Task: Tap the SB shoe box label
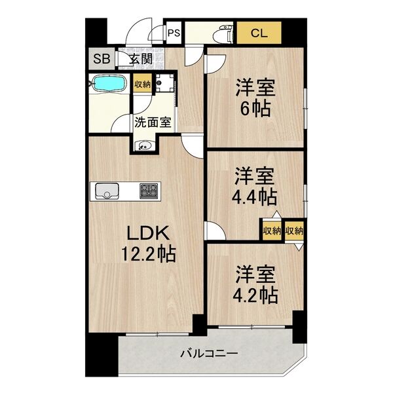coord(102,60)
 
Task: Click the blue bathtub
coord(110,84)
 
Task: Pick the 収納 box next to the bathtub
coord(143,84)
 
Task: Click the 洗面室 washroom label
coord(153,121)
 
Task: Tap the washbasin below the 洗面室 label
coord(144,145)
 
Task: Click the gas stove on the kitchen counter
coord(148,191)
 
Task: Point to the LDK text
coord(148,233)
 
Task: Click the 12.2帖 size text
coord(148,253)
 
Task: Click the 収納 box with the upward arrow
coord(272,231)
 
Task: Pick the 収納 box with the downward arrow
coord(295,231)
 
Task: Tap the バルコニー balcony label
coord(209,354)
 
